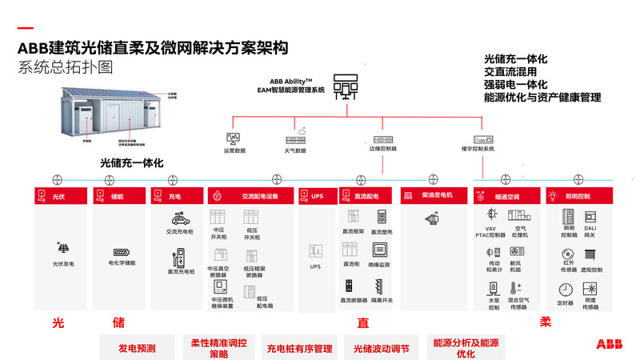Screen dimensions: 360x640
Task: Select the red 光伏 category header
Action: [x=61, y=195]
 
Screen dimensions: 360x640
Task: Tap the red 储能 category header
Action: [x=118, y=195]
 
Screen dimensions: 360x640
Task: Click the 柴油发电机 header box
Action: [x=437, y=195]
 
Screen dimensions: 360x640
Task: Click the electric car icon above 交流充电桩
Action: [x=180, y=218]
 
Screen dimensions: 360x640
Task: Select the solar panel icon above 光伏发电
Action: [x=62, y=248]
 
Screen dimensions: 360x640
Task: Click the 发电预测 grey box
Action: [x=137, y=348]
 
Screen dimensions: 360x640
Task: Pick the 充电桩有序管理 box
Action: [x=298, y=348]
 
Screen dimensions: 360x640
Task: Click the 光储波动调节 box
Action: [x=382, y=348]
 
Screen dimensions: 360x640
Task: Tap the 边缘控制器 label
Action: [x=383, y=149]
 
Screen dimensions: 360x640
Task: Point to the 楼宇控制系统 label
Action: [x=478, y=149]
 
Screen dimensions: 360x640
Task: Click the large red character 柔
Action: [x=545, y=322]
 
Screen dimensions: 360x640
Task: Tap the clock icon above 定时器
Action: [x=566, y=290]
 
